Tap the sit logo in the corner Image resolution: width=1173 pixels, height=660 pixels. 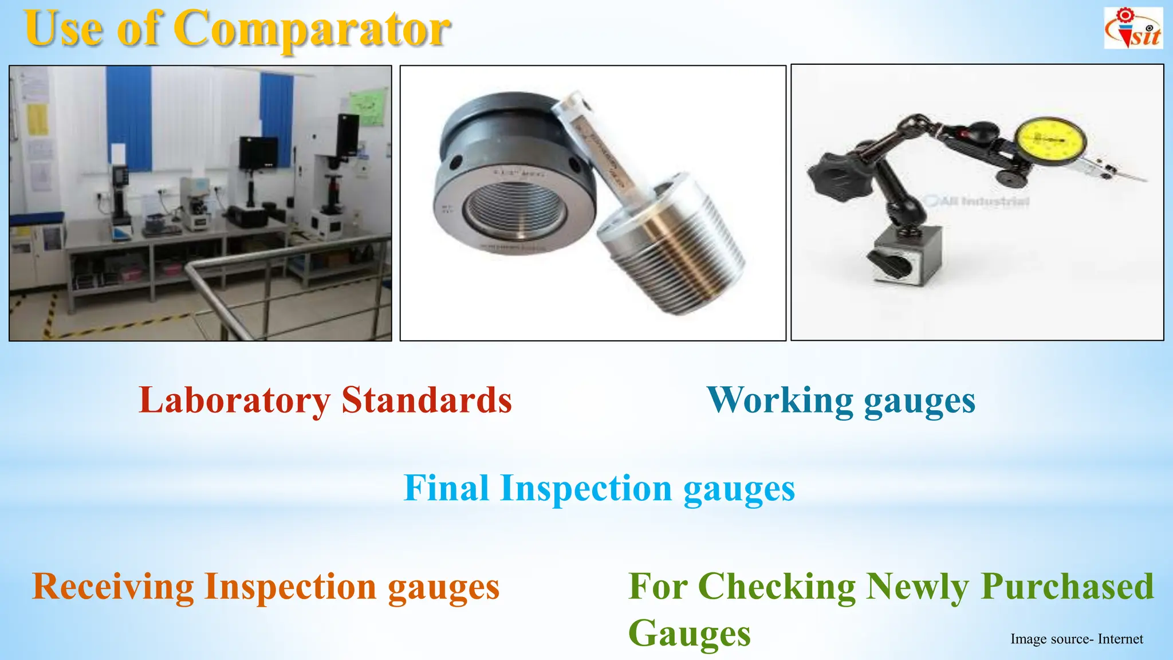click(1133, 29)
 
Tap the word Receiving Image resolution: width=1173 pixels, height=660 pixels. click(113, 587)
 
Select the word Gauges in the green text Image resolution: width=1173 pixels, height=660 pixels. click(689, 634)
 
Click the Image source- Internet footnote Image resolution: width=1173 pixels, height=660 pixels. click(1076, 639)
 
